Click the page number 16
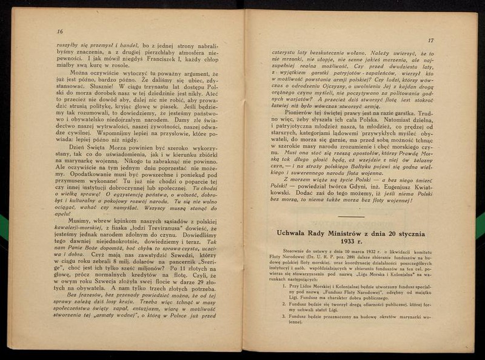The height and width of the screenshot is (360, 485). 59,32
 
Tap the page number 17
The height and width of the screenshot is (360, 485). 430,41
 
